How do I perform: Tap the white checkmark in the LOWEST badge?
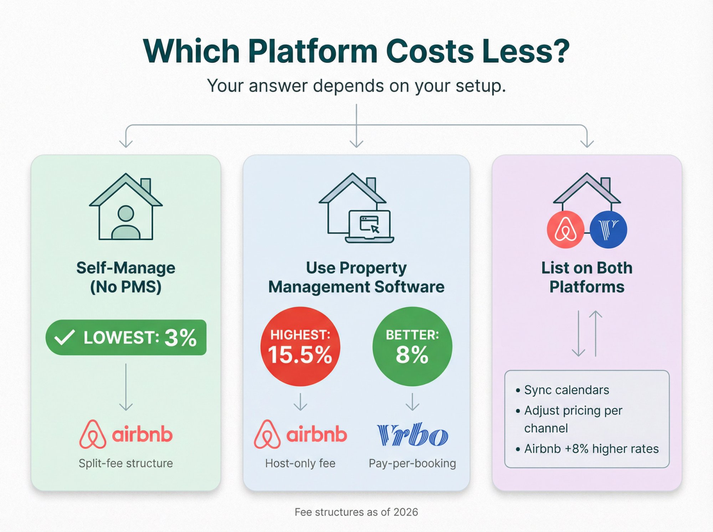click(65, 337)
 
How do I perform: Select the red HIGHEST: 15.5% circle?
click(300, 346)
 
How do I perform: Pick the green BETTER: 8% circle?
click(412, 346)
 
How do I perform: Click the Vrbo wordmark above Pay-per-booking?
click(412, 435)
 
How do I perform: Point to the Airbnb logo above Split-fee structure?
click(126, 434)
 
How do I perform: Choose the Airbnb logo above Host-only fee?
click(300, 434)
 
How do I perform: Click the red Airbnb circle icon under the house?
click(565, 229)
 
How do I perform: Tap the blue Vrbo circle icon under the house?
click(608, 229)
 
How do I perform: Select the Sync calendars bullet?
click(566, 390)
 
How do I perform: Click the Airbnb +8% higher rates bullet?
click(591, 449)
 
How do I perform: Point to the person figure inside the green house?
click(126, 222)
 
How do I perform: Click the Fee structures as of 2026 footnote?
click(356, 512)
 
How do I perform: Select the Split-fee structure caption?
click(126, 463)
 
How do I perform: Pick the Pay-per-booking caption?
click(412, 463)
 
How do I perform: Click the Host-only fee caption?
click(300, 463)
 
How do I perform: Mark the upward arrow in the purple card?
click(596, 333)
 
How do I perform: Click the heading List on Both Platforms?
click(587, 277)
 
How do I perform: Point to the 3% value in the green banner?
click(180, 337)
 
